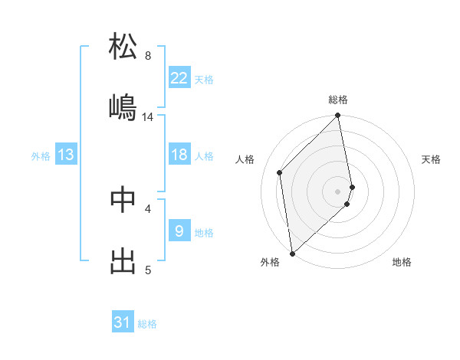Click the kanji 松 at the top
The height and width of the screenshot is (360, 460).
123,47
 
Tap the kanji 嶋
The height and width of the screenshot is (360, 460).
123,107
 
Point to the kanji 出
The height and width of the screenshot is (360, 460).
123,260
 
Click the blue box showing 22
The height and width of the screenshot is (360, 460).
179,77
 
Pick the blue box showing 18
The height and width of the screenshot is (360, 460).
179,155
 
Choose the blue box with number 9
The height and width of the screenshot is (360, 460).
179,231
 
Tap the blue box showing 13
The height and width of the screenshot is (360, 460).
66,155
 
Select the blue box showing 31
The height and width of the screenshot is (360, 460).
123,322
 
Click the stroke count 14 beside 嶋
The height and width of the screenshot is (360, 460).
148,117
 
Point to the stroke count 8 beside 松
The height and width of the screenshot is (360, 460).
148,56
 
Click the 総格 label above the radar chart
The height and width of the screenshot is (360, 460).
338,100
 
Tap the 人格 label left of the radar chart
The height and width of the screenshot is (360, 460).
245,159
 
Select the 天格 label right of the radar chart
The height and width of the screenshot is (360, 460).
431,159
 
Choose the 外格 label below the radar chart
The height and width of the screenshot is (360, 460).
270,262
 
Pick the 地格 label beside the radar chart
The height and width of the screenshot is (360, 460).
402,262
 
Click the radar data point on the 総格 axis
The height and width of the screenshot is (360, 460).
338,116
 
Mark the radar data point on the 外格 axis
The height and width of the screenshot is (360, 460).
292,253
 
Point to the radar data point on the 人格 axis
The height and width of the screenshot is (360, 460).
280,172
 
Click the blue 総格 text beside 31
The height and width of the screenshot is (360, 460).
147,324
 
